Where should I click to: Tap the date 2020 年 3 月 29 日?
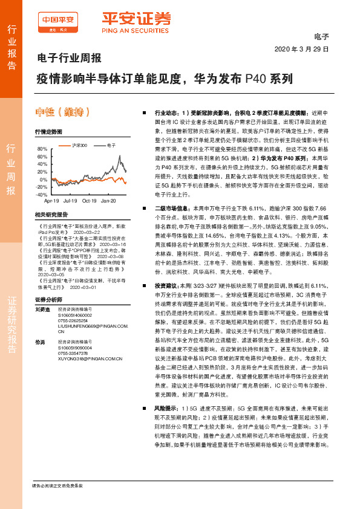pos(302,50)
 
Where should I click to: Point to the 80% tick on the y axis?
pos(42,149)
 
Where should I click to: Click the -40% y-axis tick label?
pos(41,195)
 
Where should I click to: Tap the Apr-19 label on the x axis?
pos(52,200)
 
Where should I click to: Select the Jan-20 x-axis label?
pos(109,200)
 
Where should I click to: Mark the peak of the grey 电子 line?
pos(118,155)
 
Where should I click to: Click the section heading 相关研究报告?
pos(50,215)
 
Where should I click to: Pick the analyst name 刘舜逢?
pos(42,309)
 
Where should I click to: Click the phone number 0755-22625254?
pos(74,320)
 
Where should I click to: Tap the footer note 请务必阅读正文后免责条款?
pos(57,485)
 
